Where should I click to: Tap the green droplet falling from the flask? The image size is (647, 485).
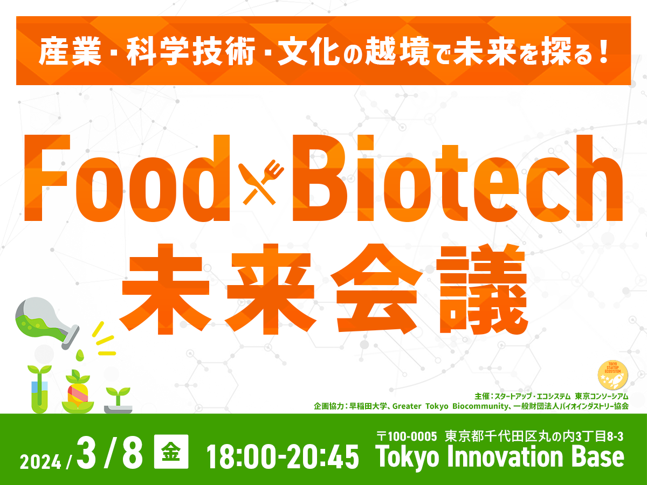81,354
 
